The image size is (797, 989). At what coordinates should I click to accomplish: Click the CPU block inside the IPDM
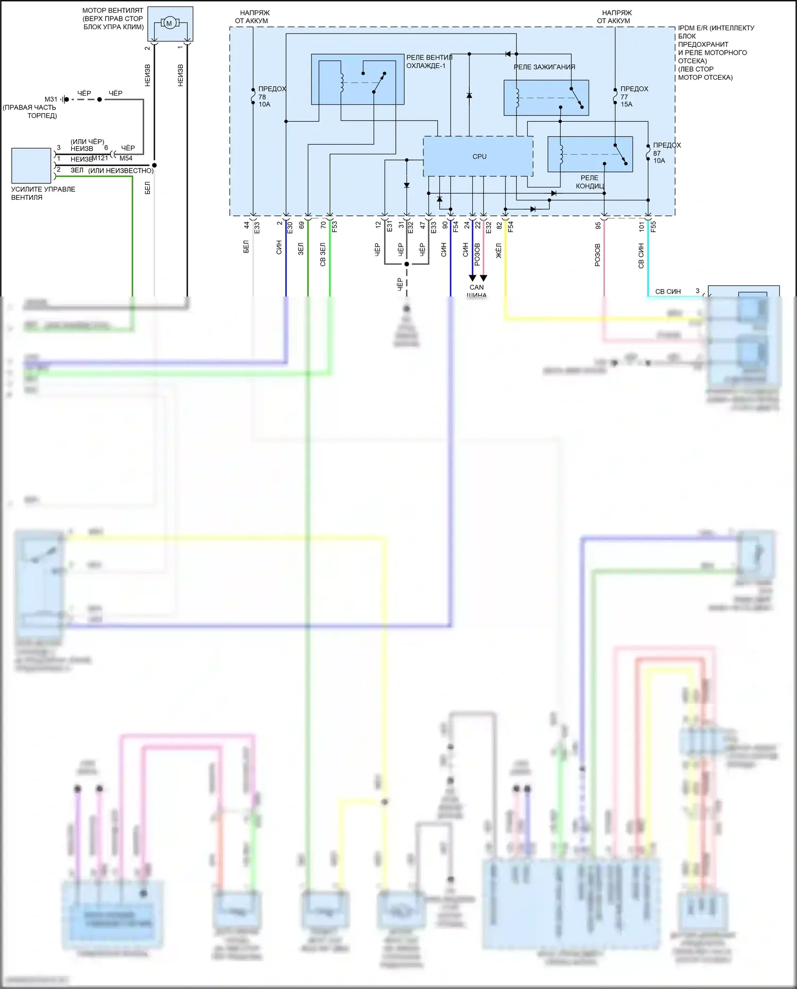pos(478,156)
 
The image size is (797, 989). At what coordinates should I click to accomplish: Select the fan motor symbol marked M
pos(169,23)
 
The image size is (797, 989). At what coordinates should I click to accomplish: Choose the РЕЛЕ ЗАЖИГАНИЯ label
pos(544,67)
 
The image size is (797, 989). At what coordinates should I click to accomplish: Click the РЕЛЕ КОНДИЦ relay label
pos(590,182)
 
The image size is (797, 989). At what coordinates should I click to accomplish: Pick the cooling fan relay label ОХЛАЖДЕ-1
pos(426,66)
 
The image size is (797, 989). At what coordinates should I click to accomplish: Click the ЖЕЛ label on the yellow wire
pos(499,251)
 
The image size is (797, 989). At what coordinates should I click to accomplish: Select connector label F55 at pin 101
pos(654,226)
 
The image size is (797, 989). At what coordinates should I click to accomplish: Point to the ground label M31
pos(51,99)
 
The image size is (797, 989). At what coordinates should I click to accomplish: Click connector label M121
pos(100,158)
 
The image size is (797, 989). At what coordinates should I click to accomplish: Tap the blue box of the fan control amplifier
pos(31,165)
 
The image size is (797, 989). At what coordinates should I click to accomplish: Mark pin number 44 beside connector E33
pos(247,225)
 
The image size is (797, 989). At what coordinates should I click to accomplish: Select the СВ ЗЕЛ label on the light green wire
pos(323,255)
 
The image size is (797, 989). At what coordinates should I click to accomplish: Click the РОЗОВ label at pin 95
pos(598,255)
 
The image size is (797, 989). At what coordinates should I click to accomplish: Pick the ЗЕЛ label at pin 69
pos(301,249)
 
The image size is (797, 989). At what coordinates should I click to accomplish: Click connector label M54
pos(126,158)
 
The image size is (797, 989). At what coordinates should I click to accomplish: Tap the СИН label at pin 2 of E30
pos(279,248)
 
